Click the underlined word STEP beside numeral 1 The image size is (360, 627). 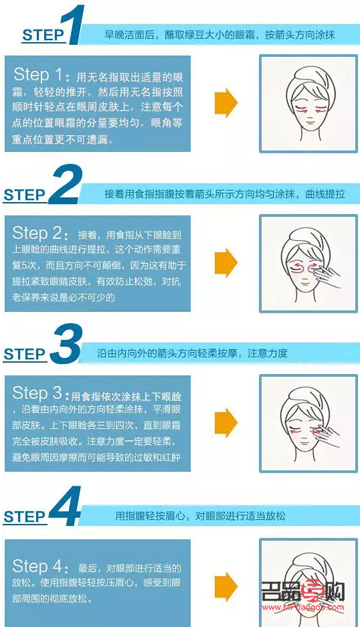coord(43,35)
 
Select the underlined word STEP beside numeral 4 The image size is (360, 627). coord(24,517)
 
